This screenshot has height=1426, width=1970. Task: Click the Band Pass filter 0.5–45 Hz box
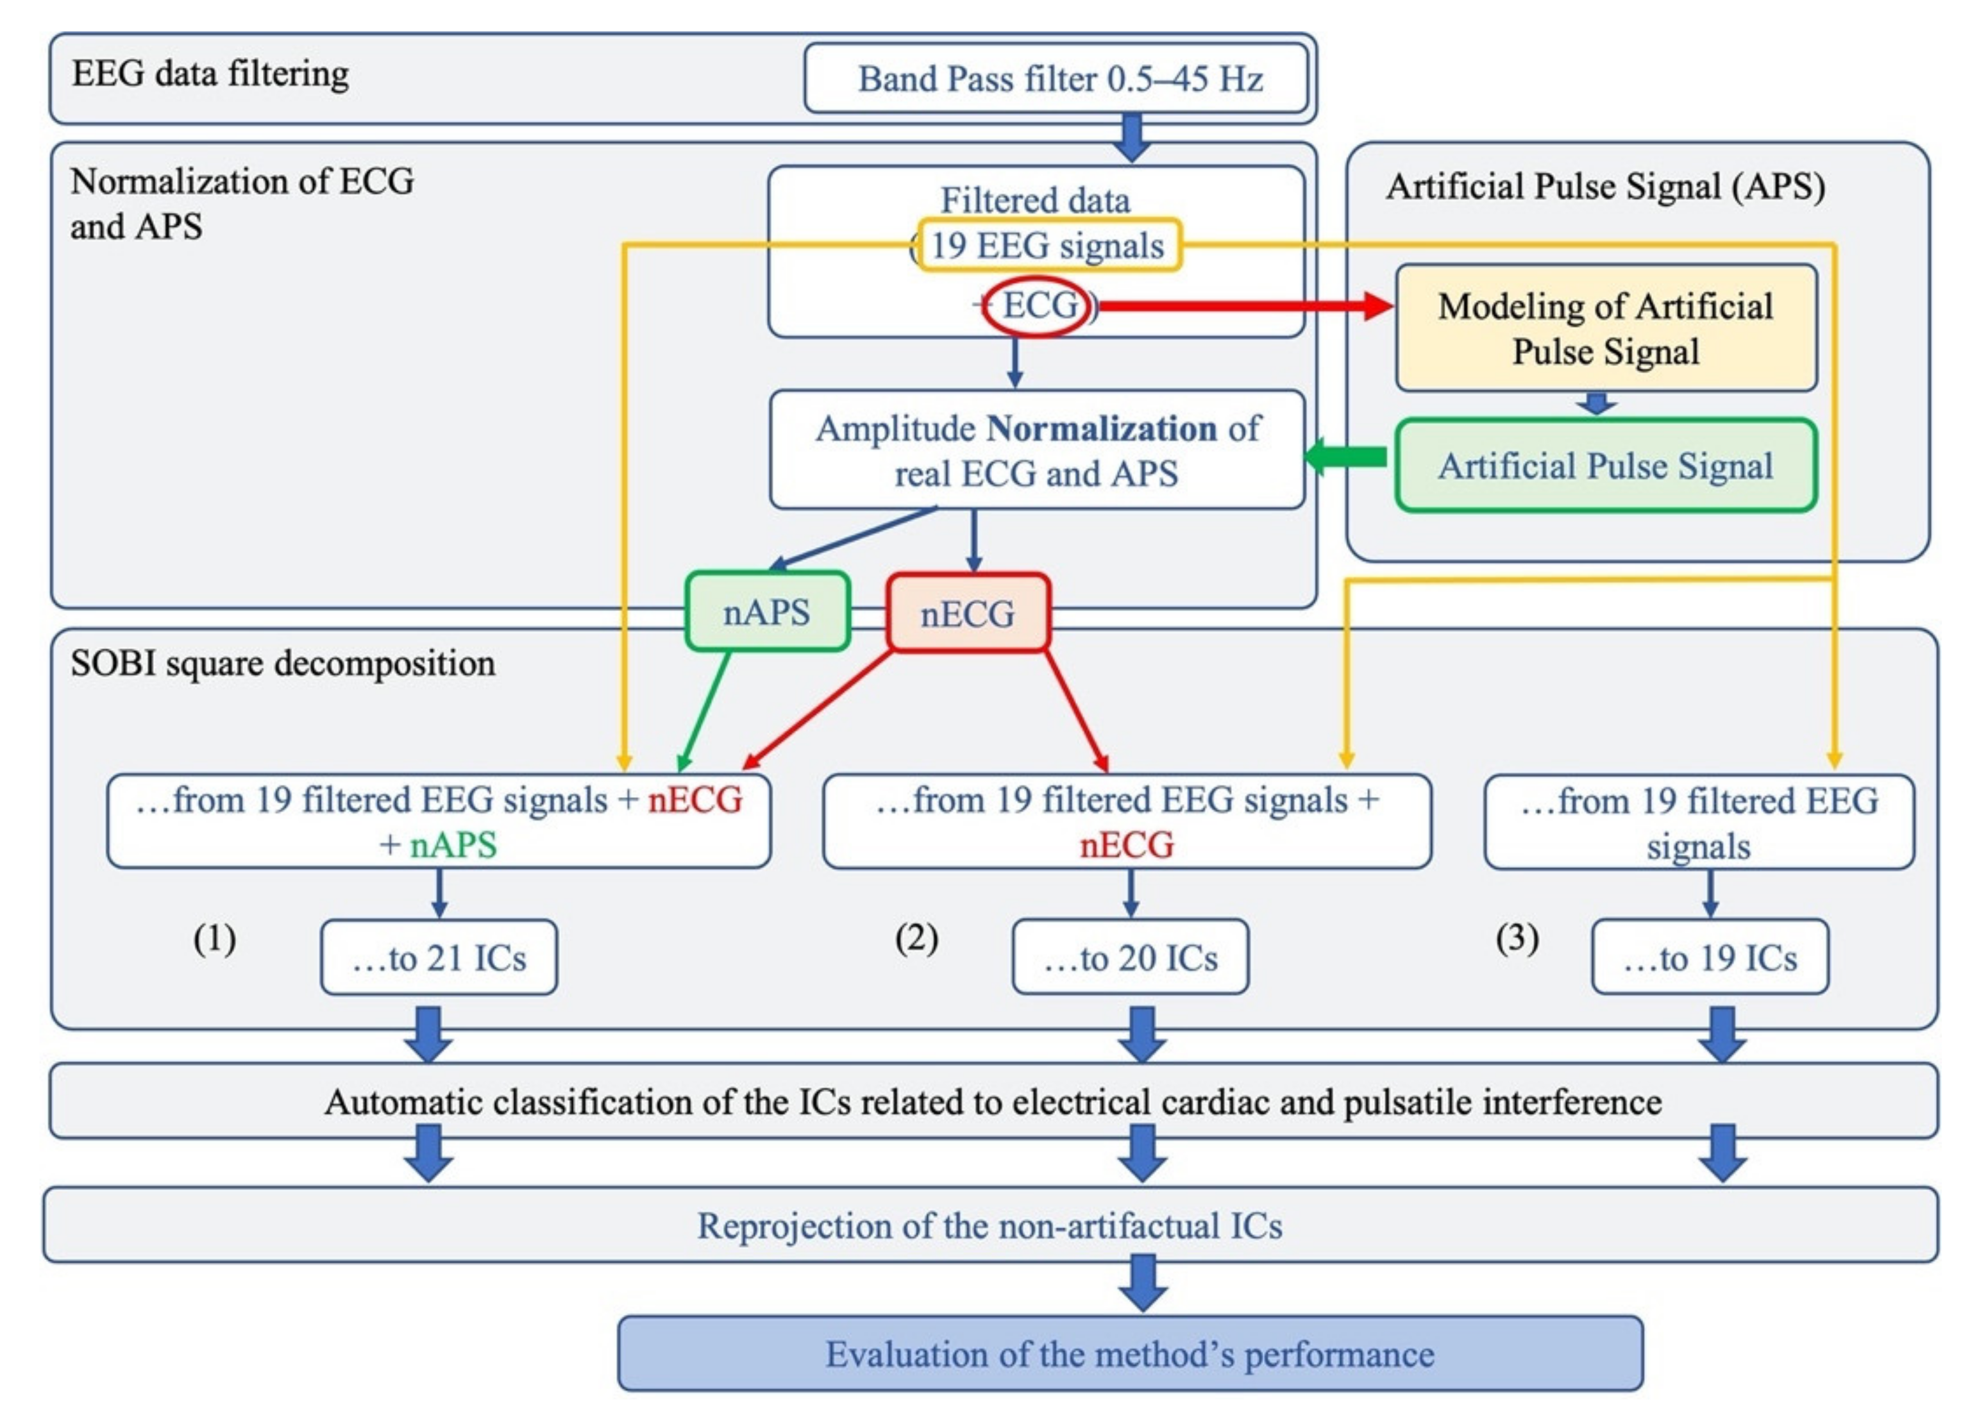tap(1056, 78)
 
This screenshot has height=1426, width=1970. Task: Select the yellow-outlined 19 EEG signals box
tap(1048, 245)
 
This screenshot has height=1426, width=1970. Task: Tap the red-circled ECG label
tap(1036, 306)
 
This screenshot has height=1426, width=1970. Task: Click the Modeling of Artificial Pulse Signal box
tap(1606, 328)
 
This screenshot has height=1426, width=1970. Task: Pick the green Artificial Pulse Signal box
tap(1606, 466)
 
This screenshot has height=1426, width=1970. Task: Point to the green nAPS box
tap(767, 612)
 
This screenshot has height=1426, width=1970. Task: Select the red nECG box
tap(968, 613)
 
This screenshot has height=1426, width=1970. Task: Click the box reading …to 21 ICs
tap(439, 957)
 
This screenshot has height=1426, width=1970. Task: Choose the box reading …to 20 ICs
tap(1130, 957)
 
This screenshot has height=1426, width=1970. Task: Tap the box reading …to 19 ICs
tap(1710, 957)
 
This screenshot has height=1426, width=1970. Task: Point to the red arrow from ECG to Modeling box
tap(1242, 306)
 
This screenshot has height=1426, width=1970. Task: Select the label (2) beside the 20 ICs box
tap(916, 938)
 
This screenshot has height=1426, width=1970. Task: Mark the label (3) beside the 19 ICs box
tap(1517, 938)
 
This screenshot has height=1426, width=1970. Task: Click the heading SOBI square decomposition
tap(283, 664)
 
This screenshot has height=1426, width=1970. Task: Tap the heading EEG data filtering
tap(210, 73)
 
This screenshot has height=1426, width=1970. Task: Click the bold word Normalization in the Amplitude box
tap(1102, 428)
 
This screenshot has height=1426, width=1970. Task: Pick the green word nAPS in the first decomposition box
tap(453, 845)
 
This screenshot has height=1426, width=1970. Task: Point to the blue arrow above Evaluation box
tap(1143, 1283)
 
